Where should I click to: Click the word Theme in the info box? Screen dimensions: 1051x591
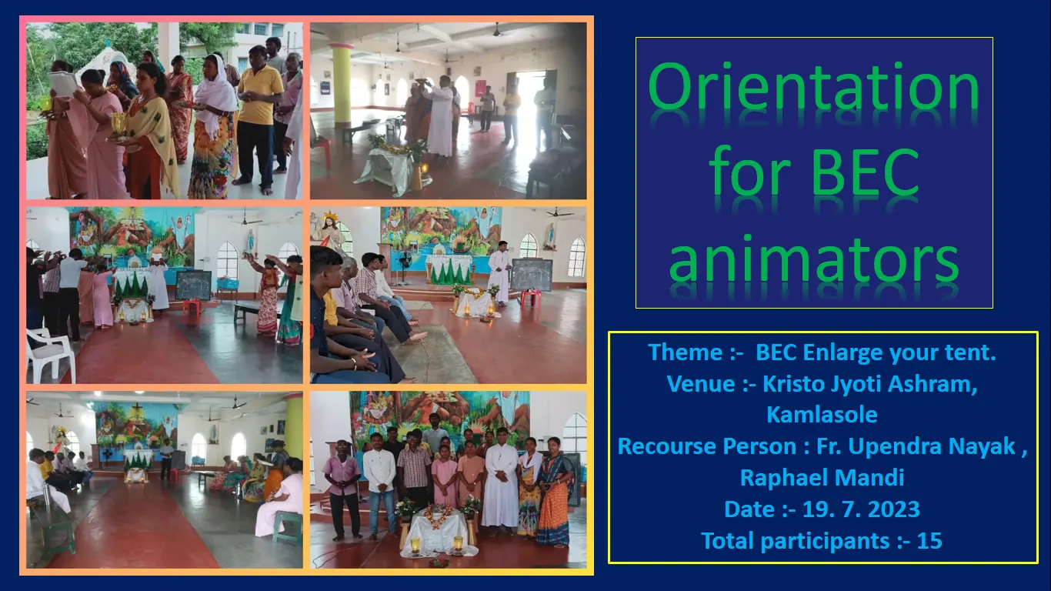pyautogui.click(x=685, y=352)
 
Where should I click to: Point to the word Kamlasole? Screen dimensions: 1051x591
pyautogui.click(x=822, y=415)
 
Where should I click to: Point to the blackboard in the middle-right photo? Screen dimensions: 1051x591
pyautogui.click(x=531, y=275)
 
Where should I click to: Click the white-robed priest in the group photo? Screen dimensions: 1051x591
pyautogui.click(x=500, y=481)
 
